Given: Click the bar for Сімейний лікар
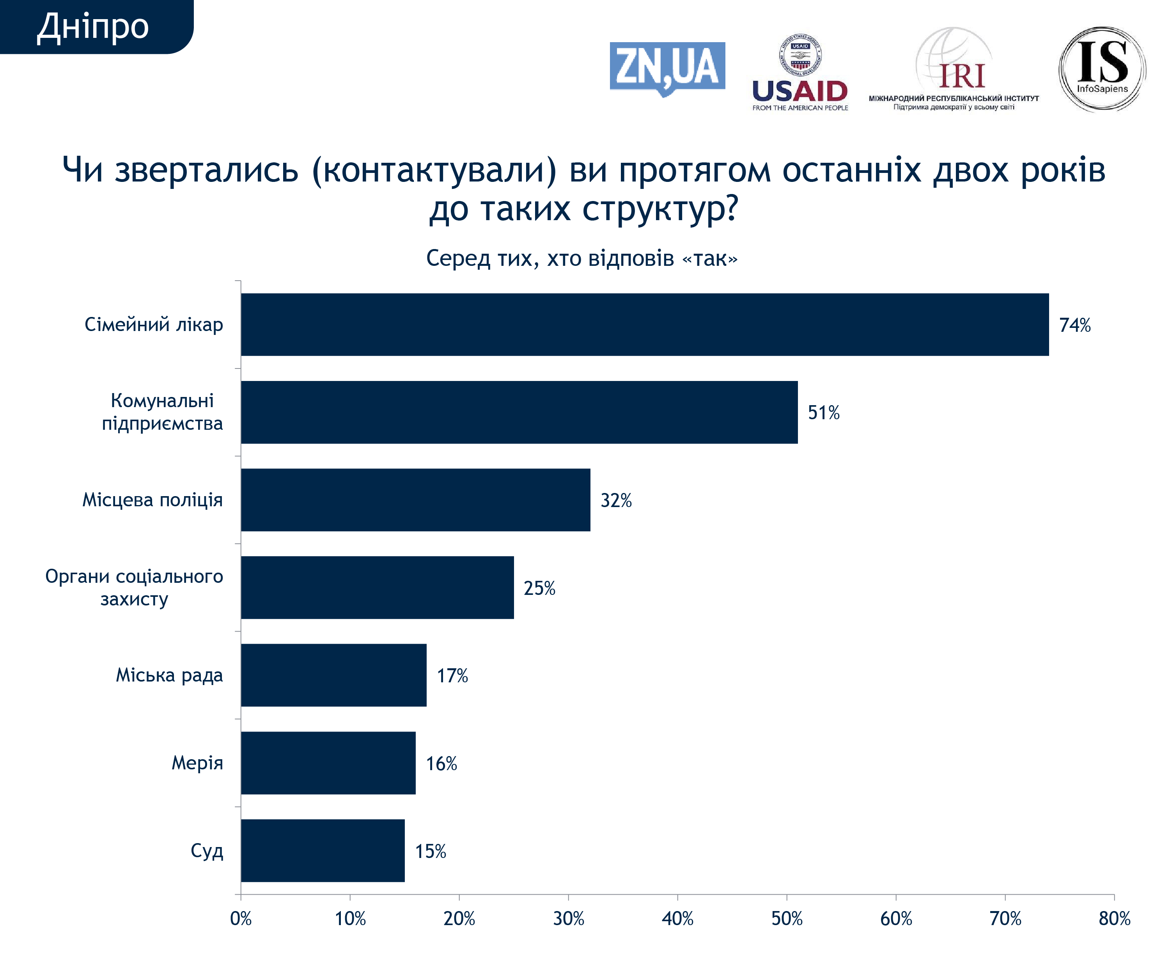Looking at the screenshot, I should (645, 324).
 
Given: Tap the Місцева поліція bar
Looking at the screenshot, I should (416, 500).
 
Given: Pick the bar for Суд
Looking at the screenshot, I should (323, 850).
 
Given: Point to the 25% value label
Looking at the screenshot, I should (539, 588).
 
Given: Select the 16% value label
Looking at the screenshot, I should (441, 763).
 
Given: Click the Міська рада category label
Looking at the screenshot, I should (169, 675).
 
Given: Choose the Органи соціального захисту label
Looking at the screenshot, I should (134, 587).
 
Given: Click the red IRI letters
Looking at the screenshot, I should (962, 77).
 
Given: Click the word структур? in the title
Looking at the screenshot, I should (660, 209).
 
